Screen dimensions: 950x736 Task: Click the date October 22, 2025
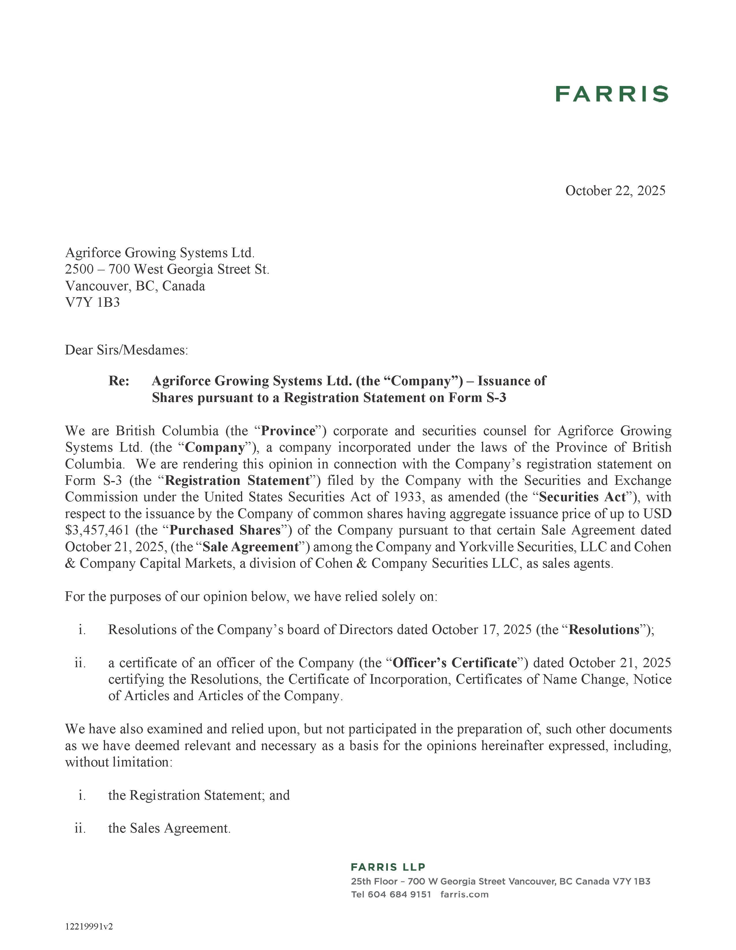click(615, 190)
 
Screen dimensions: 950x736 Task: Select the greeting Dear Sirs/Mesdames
click(126, 350)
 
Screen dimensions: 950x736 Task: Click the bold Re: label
click(119, 381)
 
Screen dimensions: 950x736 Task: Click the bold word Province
click(288, 431)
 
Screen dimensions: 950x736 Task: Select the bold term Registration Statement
click(237, 481)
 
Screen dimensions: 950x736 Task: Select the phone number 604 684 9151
click(399, 894)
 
